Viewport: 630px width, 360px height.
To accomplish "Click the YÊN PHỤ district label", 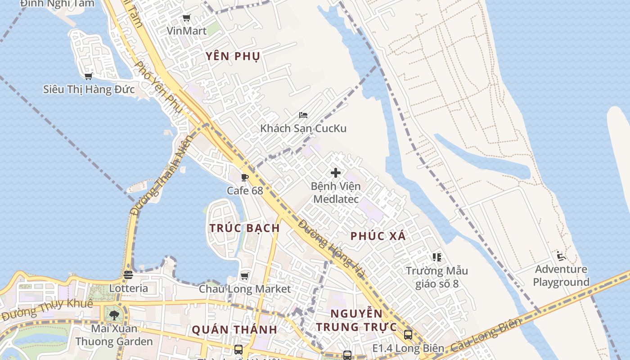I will point(233,56).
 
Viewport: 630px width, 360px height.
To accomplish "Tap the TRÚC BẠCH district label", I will point(245,228).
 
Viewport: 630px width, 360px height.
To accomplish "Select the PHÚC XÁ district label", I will point(378,236).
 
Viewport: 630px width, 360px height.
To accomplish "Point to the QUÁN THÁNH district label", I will point(234,329).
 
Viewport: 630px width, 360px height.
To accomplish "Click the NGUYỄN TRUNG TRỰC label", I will point(356,320).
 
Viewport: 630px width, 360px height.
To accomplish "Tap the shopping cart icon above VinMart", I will point(186,18).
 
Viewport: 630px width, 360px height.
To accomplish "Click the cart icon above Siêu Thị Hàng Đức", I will point(89,76).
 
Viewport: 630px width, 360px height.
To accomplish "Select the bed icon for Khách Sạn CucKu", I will point(303,115).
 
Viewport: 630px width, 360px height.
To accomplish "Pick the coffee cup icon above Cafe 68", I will point(245,177).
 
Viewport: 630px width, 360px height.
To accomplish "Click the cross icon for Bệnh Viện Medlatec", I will point(336,173).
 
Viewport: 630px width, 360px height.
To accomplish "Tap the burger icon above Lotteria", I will point(128,274).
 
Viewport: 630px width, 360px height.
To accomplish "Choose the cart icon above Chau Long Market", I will point(245,275).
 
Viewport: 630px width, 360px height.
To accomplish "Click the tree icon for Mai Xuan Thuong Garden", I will point(114,315).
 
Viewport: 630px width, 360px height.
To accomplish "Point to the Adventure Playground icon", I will point(561,256).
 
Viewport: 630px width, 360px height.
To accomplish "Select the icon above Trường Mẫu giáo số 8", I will point(436,257).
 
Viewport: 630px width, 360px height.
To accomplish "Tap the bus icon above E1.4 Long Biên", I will point(408,335).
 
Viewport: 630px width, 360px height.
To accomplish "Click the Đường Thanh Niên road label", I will point(161,175).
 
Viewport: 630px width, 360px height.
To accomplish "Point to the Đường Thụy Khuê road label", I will point(47,309).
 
